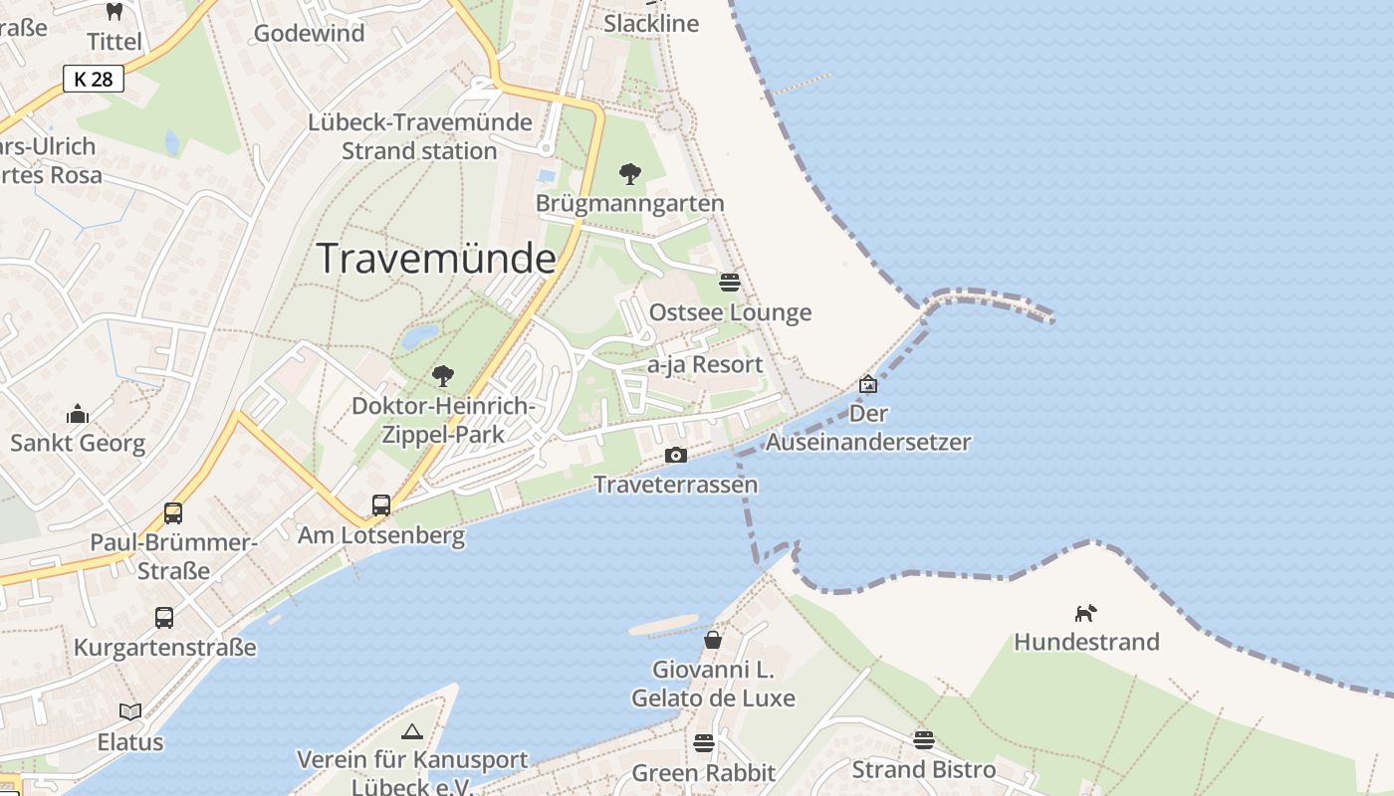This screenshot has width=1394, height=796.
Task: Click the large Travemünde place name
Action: (436, 259)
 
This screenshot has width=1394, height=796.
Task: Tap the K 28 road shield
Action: (94, 79)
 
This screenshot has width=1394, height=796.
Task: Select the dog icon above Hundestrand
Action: (1086, 613)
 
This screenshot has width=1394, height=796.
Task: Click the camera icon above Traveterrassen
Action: (676, 456)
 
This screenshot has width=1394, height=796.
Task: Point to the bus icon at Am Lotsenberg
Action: (381, 505)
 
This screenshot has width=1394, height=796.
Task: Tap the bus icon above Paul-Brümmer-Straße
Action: (173, 513)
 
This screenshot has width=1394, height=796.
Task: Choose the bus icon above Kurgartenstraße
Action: (164, 618)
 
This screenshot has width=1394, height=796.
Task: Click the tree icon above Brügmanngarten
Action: (629, 174)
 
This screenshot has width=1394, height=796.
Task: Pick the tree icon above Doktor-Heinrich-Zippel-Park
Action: (443, 376)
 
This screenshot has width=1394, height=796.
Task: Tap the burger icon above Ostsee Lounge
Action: (730, 283)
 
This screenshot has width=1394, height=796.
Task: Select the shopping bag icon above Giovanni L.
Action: (713, 639)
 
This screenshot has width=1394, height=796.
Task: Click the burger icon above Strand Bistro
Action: (924, 739)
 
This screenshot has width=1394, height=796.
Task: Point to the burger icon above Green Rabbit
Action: (704, 742)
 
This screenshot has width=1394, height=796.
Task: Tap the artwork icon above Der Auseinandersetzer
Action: (868, 384)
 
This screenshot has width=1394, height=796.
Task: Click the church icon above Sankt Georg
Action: (78, 414)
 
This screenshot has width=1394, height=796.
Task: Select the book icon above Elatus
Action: (130, 711)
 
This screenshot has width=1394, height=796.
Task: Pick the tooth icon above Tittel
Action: (115, 12)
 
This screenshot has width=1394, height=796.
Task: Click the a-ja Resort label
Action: (705, 365)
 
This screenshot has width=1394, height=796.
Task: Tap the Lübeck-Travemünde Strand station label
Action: (419, 137)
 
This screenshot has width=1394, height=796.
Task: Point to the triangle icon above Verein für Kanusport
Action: (412, 732)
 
